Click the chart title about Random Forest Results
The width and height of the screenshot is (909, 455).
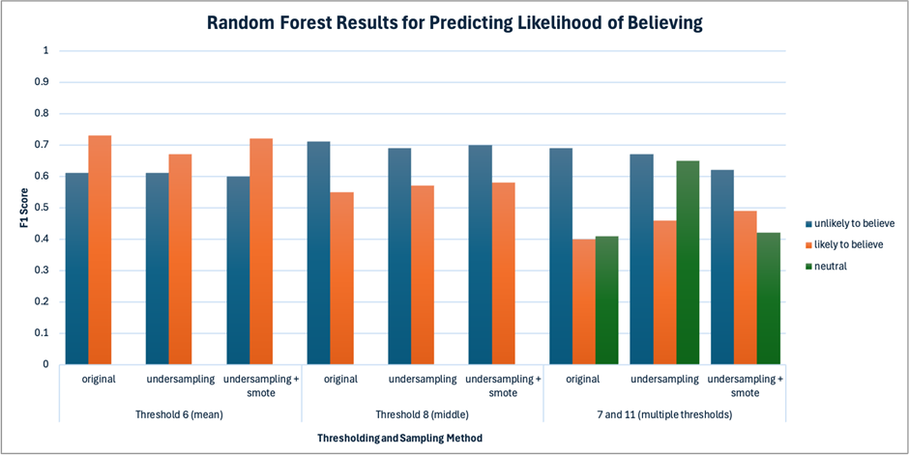tap(455, 23)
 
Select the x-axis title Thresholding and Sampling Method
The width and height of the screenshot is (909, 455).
tap(400, 439)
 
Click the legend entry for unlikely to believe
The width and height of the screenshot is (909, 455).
tap(846, 223)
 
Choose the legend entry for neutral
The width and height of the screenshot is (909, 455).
tap(822, 267)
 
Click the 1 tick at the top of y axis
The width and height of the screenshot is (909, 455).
tap(45, 51)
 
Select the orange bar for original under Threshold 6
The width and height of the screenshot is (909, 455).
tap(100, 250)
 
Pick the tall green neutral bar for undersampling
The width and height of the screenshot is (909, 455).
tap(688, 263)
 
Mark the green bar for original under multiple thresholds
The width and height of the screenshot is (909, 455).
tap(606, 300)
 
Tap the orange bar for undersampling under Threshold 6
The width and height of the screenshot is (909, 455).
tap(180, 259)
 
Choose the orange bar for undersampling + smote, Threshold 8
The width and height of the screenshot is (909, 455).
tap(503, 273)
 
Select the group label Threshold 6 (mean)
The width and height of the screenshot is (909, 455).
tap(180, 415)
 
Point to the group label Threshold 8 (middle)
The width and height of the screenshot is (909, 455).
tap(422, 415)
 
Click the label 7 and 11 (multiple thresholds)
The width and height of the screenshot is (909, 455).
tap(664, 415)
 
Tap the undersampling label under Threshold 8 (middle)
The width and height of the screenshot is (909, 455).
tap(423, 380)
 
